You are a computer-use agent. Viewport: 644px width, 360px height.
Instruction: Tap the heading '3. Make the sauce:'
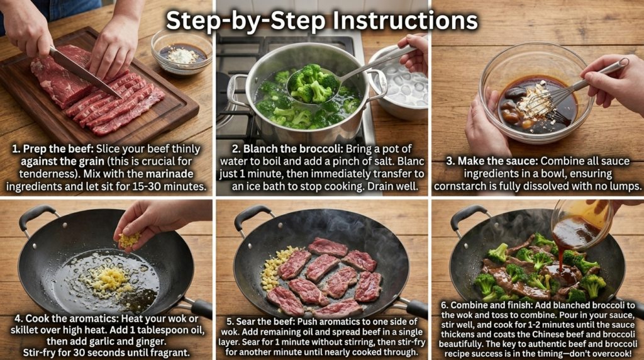(x=492, y=161)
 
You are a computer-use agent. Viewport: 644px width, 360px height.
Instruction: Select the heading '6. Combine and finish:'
(x=484, y=305)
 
